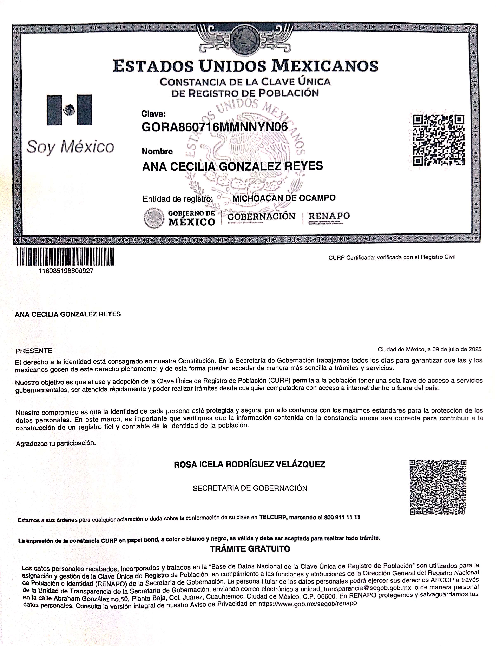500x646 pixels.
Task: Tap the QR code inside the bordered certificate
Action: click(x=439, y=140)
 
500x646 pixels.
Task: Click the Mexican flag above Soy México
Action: click(x=70, y=110)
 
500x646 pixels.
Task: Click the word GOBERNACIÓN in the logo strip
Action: click(x=261, y=217)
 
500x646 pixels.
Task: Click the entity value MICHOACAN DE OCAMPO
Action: click(x=284, y=198)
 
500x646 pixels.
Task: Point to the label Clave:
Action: click(x=153, y=114)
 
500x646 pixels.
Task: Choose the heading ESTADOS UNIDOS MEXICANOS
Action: click(x=245, y=66)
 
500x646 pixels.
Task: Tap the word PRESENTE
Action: click(x=34, y=351)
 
